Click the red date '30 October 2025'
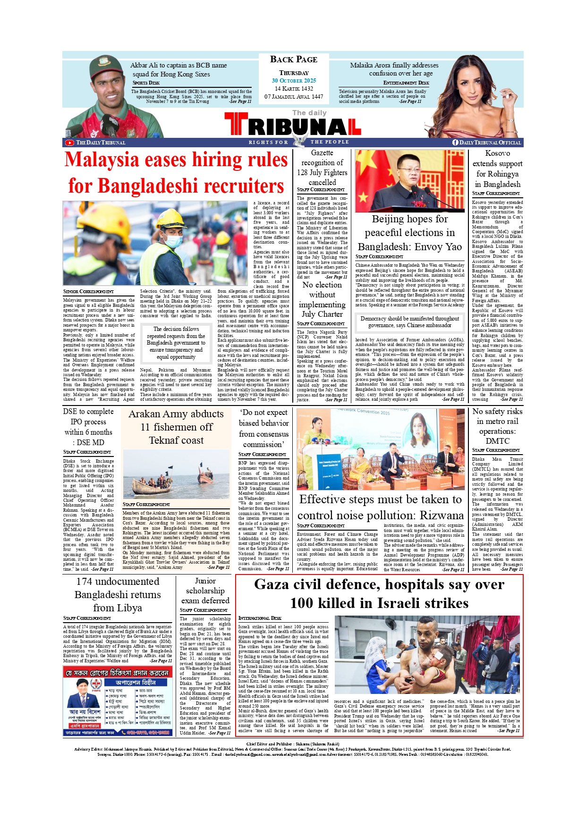click(x=294, y=81)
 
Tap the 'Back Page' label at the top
click(x=294, y=59)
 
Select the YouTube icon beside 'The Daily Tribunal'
click(x=69, y=143)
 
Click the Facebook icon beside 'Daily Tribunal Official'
click(x=455, y=143)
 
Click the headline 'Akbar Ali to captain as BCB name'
click(x=178, y=66)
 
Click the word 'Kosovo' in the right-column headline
click(x=497, y=153)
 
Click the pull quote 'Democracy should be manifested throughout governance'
click(x=409, y=322)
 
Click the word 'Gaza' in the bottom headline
click(x=272, y=585)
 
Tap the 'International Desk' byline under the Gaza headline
click(x=260, y=618)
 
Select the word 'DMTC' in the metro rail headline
click(x=497, y=441)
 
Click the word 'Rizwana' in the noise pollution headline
click(x=442, y=515)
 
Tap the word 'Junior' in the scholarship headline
click(x=205, y=581)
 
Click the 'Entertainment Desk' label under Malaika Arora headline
click(x=406, y=83)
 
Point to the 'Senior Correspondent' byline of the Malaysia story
click(x=88, y=292)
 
